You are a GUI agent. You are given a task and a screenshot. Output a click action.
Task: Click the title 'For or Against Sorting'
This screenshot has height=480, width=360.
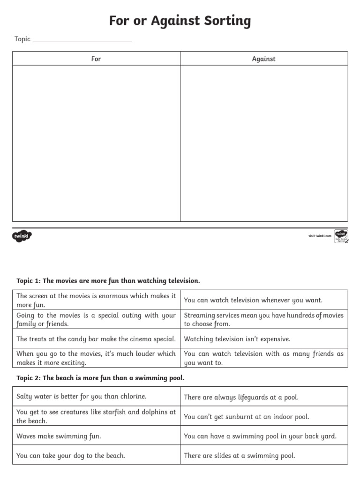(180, 21)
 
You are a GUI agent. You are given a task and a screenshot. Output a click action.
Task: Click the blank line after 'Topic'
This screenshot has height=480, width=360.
(82, 40)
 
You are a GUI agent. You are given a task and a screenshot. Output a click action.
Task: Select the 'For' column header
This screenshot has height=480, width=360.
(96, 59)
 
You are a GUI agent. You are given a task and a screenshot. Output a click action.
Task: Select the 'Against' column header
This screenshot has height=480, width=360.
(264, 59)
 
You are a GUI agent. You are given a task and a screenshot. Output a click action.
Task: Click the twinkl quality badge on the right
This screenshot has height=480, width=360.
(341, 236)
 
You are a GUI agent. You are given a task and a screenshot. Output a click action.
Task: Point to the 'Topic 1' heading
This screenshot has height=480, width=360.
(108, 281)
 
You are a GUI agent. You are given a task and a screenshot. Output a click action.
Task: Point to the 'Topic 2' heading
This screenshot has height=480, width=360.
(100, 378)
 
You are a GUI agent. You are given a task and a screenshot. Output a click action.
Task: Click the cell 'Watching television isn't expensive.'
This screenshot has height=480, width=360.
(237, 339)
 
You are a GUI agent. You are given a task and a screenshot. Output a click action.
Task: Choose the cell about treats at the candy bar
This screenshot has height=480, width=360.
(96, 339)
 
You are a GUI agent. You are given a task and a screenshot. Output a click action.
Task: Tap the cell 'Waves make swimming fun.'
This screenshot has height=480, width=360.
(59, 436)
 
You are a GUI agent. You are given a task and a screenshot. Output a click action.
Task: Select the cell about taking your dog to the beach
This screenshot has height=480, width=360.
(71, 455)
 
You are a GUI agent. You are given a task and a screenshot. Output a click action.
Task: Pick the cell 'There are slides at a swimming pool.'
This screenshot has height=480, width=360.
(240, 455)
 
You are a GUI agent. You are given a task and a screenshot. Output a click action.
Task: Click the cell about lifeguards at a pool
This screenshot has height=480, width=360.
(241, 397)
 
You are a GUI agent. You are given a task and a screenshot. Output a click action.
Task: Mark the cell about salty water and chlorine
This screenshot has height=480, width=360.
(82, 397)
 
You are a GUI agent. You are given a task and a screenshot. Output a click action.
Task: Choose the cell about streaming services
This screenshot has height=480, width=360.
(263, 319)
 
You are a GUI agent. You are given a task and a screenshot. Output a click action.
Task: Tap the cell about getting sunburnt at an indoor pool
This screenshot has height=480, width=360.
(247, 417)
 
